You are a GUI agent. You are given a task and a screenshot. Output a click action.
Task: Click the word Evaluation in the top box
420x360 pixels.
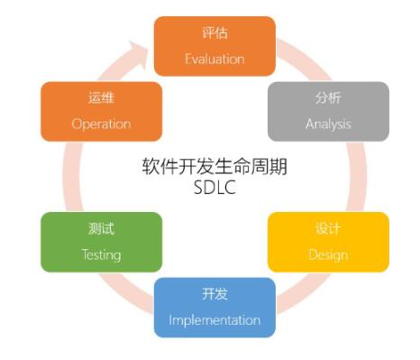215,60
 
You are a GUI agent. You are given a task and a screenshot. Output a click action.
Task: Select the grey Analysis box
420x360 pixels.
328,112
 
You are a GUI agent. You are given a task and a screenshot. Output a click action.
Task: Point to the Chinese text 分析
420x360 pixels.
328,98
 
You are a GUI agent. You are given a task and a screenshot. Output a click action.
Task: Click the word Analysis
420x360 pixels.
328,125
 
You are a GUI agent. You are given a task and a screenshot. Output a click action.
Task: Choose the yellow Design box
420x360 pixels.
328,242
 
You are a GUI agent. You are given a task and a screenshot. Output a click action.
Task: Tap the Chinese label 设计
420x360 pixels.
328,228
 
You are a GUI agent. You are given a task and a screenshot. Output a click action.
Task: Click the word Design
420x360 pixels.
328,254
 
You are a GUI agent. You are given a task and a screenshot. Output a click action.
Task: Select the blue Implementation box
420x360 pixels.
215,307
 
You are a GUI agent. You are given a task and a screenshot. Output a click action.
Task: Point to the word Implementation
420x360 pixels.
215,320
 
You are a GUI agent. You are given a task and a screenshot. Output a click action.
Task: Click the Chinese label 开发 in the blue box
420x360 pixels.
215,294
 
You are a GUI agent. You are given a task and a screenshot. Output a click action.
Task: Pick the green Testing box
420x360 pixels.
101,242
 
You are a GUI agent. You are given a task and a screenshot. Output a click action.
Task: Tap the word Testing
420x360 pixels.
101,254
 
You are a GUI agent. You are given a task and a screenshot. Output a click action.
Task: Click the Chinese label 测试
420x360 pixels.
101,229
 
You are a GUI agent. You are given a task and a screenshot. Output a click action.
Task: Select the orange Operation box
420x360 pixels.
101,112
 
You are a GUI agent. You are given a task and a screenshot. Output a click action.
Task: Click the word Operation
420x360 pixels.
101,125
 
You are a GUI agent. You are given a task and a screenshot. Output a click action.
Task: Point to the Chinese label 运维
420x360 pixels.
101,98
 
